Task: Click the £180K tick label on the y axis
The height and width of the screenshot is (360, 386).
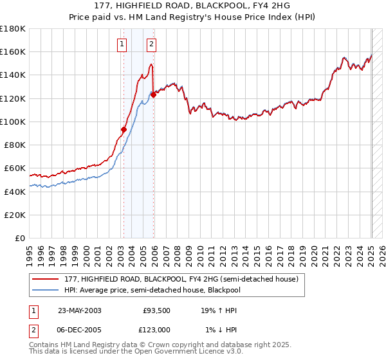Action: (13, 29)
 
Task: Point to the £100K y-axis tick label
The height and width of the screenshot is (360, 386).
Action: (13, 122)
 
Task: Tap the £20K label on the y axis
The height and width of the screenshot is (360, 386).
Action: (15, 215)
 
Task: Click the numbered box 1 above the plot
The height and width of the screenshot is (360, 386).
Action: (122, 44)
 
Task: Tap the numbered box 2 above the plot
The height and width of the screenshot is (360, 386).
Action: (151, 44)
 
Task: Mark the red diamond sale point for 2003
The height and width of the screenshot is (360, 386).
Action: (124, 129)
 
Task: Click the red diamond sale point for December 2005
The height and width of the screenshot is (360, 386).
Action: (153, 95)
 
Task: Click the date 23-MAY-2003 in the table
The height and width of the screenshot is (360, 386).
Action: (79, 310)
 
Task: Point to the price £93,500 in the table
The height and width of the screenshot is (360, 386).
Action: (156, 310)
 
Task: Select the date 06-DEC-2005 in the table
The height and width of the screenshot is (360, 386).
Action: (79, 329)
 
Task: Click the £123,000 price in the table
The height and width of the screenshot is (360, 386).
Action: (156, 329)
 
